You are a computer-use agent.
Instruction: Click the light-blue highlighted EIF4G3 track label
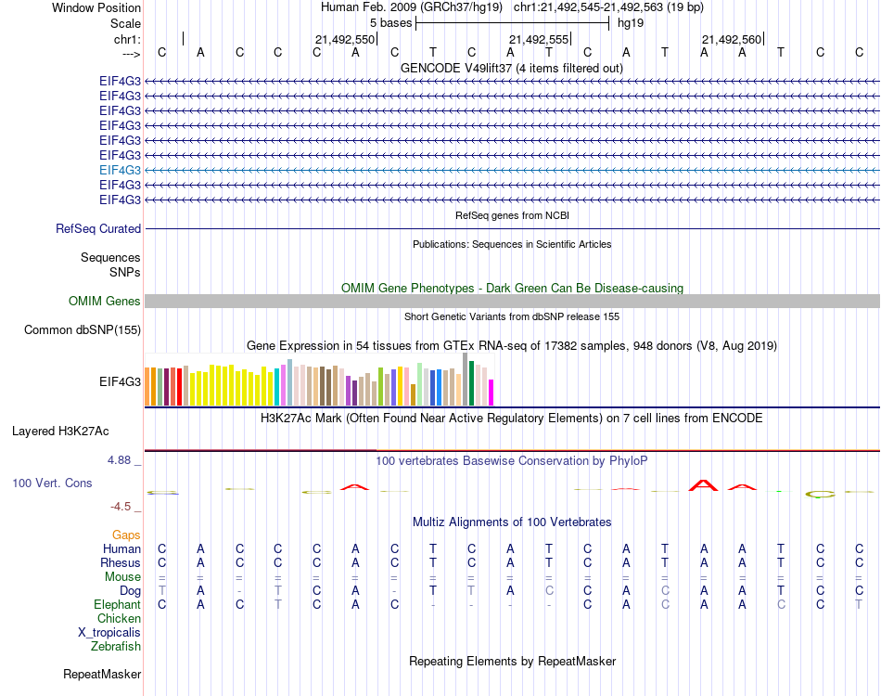(121, 170)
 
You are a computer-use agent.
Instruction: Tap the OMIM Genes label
(105, 301)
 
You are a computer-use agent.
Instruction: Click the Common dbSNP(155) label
(83, 329)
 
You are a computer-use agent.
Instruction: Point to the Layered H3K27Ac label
(60, 431)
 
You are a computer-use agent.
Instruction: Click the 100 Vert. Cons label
(52, 483)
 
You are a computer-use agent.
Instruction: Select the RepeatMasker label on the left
(102, 674)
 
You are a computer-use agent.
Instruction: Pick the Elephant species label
(117, 604)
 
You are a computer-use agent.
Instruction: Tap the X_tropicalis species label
(109, 632)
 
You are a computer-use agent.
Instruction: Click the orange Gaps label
(126, 535)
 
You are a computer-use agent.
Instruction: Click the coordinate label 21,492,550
(344, 39)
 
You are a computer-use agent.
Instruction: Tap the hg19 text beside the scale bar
(631, 22)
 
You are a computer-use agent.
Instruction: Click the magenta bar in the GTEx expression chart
(492, 393)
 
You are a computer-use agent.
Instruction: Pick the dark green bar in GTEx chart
(472, 383)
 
